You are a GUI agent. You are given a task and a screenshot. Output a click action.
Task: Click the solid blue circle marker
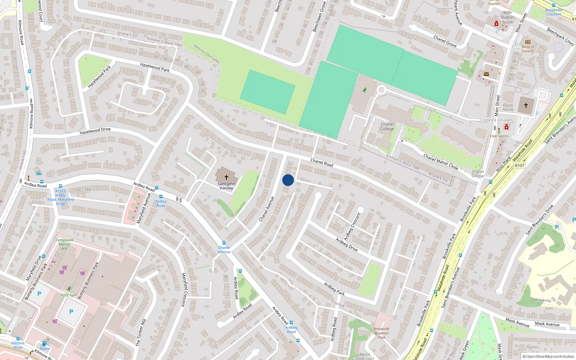point(288,180)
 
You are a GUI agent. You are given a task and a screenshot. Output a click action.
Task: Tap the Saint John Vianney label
point(226,186)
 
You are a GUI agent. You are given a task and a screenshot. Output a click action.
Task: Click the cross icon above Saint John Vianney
point(226,177)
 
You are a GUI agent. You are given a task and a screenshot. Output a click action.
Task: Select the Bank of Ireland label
point(528,49)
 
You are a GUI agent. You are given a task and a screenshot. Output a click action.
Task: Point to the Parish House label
point(508,108)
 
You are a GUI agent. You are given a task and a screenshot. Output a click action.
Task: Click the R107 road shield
point(519,166)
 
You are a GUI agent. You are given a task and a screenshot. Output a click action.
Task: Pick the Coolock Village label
point(496,120)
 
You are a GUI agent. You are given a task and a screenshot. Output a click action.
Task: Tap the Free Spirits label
point(499,136)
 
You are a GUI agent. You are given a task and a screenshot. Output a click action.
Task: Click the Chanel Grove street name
point(445,41)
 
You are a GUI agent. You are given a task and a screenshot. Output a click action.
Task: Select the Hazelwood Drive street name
point(95,131)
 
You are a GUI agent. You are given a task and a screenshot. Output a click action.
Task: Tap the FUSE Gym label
point(68,295)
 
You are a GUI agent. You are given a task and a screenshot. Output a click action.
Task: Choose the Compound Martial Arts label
point(64,244)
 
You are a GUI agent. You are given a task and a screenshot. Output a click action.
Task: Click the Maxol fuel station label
point(45,348)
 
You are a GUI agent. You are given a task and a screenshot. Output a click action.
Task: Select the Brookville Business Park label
point(382,333)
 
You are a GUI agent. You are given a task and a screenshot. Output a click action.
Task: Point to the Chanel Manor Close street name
point(441,162)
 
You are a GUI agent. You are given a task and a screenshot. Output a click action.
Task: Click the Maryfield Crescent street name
point(184,290)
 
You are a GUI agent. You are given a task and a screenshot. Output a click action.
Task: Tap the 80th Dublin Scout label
point(508,17)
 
